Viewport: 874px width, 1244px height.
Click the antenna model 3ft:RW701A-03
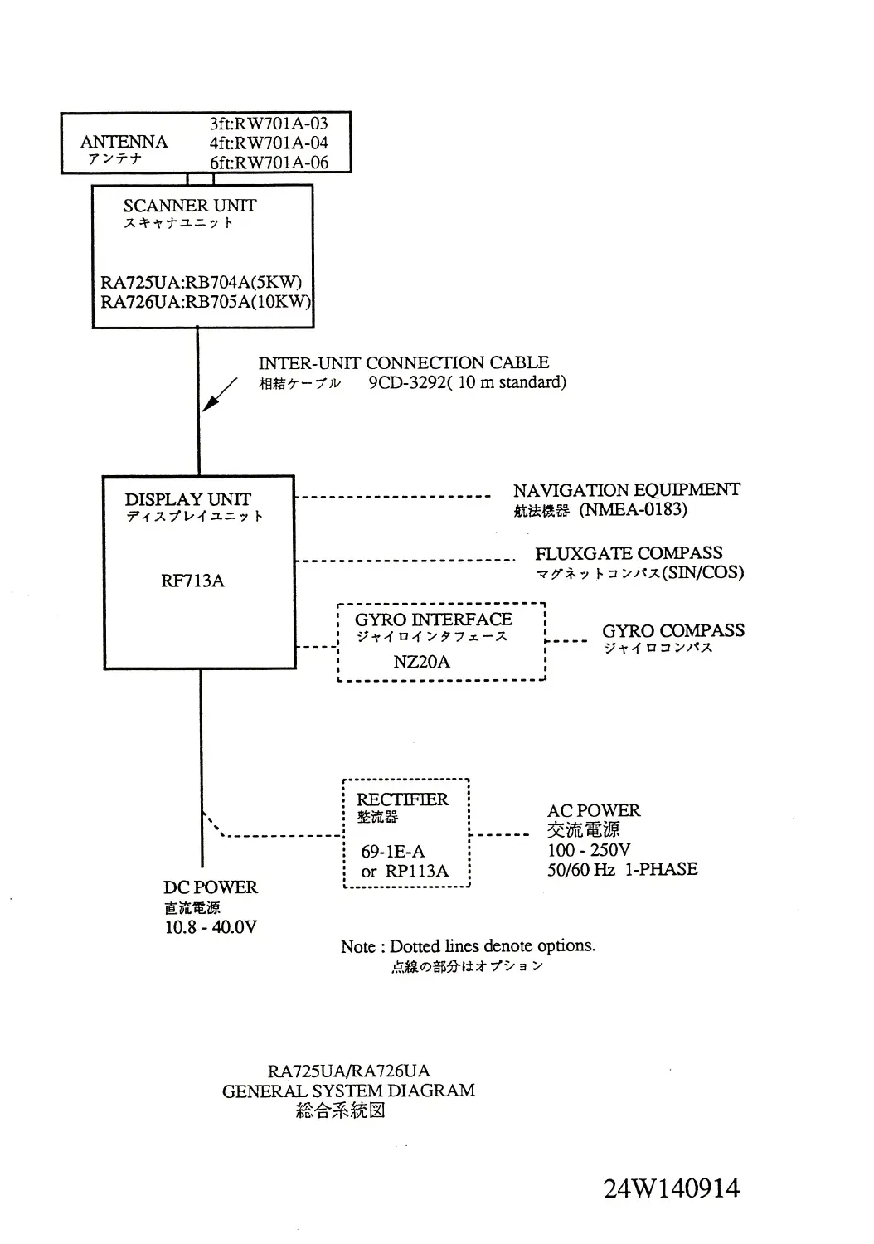[x=269, y=124]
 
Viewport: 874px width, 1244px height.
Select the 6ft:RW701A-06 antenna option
[x=269, y=163]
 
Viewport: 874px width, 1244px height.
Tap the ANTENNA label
[x=124, y=142]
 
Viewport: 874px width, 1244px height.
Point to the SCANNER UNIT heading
[x=190, y=206]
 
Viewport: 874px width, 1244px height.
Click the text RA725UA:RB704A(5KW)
[x=202, y=282]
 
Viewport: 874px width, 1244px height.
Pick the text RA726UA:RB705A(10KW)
[x=205, y=302]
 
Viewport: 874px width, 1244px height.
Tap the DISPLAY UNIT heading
[x=187, y=499]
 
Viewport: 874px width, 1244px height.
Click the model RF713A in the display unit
[x=192, y=581]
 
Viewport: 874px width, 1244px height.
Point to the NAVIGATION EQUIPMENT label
[x=626, y=490]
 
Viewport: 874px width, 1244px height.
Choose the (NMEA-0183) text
[x=634, y=509]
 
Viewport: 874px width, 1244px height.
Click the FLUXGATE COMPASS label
[x=629, y=553]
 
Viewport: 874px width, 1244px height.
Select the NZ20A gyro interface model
[x=421, y=662]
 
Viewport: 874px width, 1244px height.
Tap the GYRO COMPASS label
[x=673, y=630]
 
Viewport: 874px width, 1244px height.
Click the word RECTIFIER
[x=402, y=799]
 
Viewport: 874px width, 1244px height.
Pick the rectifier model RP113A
[x=417, y=871]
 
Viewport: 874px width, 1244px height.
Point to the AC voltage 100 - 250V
[x=589, y=850]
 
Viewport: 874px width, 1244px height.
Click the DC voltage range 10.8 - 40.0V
[x=211, y=927]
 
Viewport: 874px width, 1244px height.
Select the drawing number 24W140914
[x=672, y=1188]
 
